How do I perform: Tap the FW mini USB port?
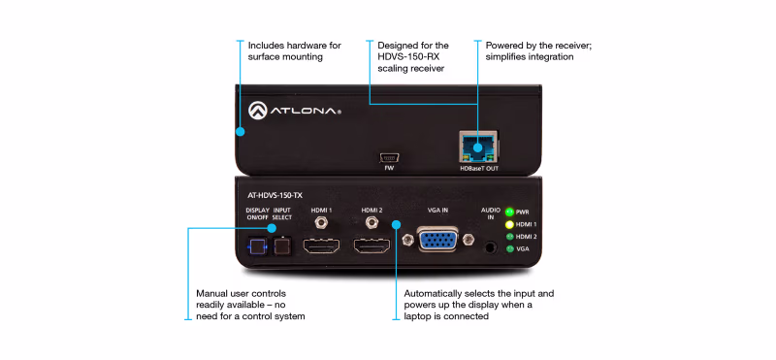coord(388,155)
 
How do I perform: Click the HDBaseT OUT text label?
coord(478,167)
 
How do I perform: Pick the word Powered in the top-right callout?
coord(508,45)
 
